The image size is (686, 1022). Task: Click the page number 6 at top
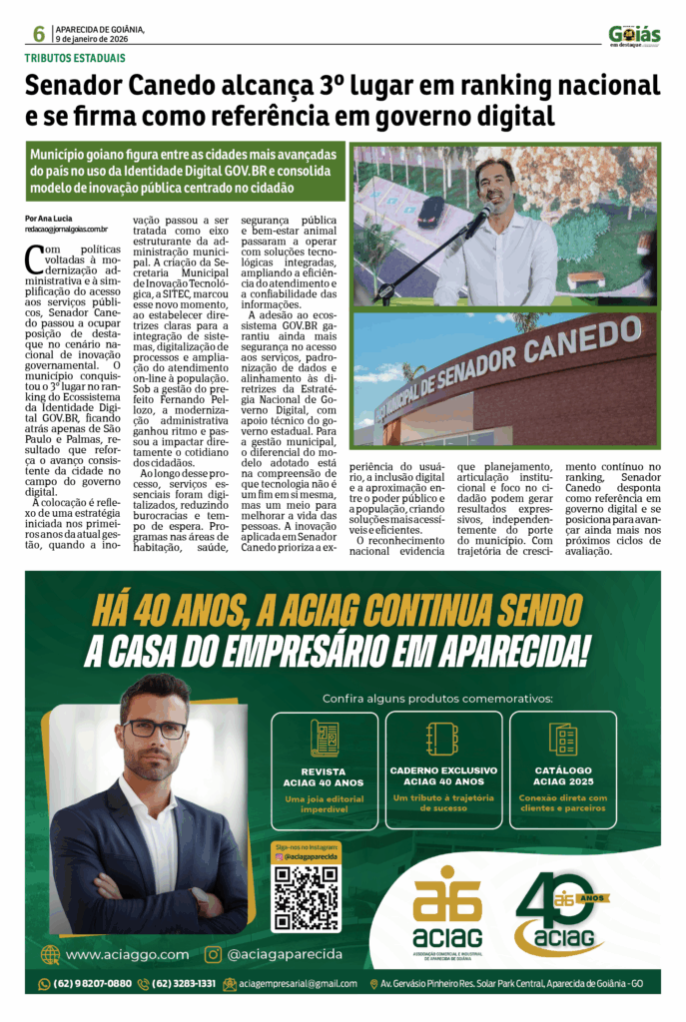pos(39,34)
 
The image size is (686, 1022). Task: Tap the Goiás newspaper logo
pos(634,36)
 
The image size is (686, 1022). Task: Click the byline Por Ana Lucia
pos(49,218)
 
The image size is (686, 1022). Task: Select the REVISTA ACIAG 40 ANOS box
pos(325,770)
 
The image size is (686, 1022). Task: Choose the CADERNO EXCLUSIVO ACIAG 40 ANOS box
pos(443,770)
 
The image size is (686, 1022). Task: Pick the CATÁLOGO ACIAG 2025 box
pos(563,770)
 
